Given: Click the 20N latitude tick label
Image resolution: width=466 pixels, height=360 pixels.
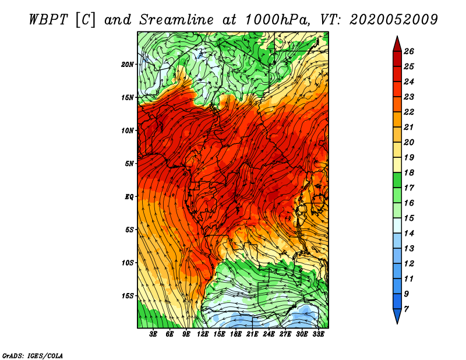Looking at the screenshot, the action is [x=128, y=64].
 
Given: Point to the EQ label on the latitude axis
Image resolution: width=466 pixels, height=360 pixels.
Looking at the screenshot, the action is [x=129, y=197].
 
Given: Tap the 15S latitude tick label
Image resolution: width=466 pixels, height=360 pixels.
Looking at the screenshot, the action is [x=128, y=296].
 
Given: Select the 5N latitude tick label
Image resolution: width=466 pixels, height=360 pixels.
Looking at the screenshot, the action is [x=129, y=164].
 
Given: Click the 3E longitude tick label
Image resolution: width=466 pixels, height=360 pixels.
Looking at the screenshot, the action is [x=153, y=334].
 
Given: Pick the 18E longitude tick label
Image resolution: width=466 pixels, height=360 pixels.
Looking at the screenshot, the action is [x=236, y=334].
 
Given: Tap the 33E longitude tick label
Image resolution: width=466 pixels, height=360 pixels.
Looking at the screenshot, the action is [x=318, y=334].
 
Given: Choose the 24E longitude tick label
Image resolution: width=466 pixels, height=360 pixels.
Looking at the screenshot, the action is [x=269, y=334].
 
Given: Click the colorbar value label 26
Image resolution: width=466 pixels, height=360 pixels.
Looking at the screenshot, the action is [x=409, y=51].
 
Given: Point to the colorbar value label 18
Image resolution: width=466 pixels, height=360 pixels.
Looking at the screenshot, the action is [x=409, y=172].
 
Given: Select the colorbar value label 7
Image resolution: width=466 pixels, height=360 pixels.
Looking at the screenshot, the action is [x=406, y=309].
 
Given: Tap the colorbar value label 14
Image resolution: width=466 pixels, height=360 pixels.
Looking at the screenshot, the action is [x=409, y=234].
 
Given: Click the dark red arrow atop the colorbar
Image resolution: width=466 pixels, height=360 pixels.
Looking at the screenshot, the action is [x=397, y=45].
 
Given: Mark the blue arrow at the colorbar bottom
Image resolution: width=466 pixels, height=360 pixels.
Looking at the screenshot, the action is [x=397, y=315].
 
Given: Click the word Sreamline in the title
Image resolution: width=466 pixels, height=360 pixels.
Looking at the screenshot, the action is [x=176, y=20].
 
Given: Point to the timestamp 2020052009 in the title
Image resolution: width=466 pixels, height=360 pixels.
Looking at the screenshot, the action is [x=393, y=20].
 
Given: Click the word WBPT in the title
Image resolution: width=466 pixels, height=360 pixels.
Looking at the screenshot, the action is [x=48, y=20].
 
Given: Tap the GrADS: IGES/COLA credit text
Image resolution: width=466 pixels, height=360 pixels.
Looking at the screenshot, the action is [x=33, y=356].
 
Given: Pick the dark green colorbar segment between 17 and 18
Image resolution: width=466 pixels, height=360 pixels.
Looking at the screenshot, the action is [x=397, y=180].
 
